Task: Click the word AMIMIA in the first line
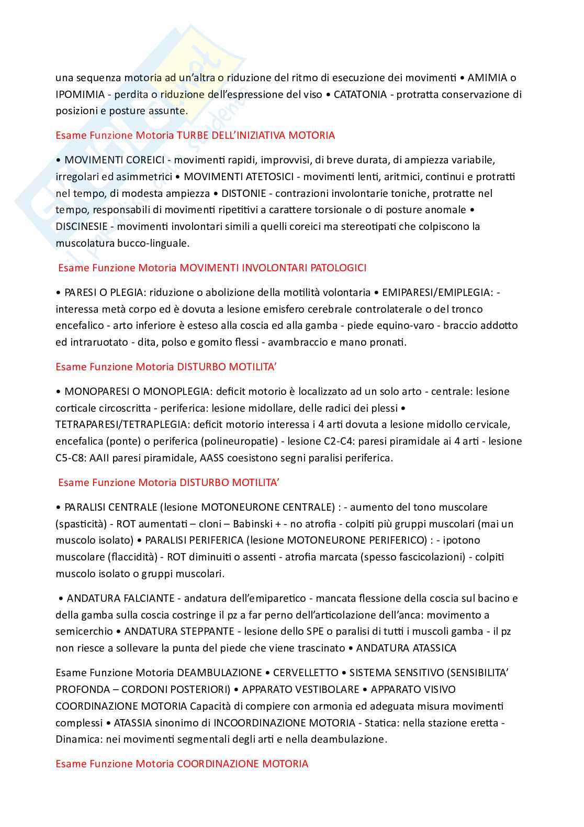point(487,78)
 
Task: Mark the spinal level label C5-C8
point(71,458)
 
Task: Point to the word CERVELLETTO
point(306,672)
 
